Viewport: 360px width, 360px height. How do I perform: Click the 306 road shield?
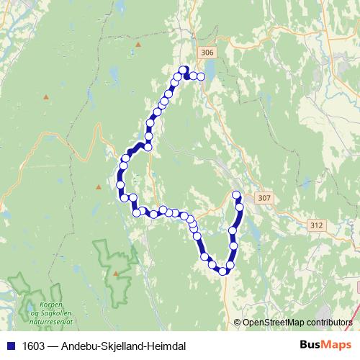(x=207, y=53)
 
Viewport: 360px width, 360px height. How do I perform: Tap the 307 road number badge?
(x=264, y=198)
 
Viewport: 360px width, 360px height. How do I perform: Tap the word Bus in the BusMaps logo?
(x=311, y=345)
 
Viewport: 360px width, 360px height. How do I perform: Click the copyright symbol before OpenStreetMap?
(x=238, y=322)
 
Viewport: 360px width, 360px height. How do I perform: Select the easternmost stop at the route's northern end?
(x=202, y=76)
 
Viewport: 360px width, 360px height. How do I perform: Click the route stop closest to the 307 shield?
(x=236, y=194)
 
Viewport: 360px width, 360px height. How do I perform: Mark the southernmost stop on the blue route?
(x=223, y=271)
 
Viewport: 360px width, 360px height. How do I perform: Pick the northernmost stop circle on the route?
(x=184, y=70)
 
